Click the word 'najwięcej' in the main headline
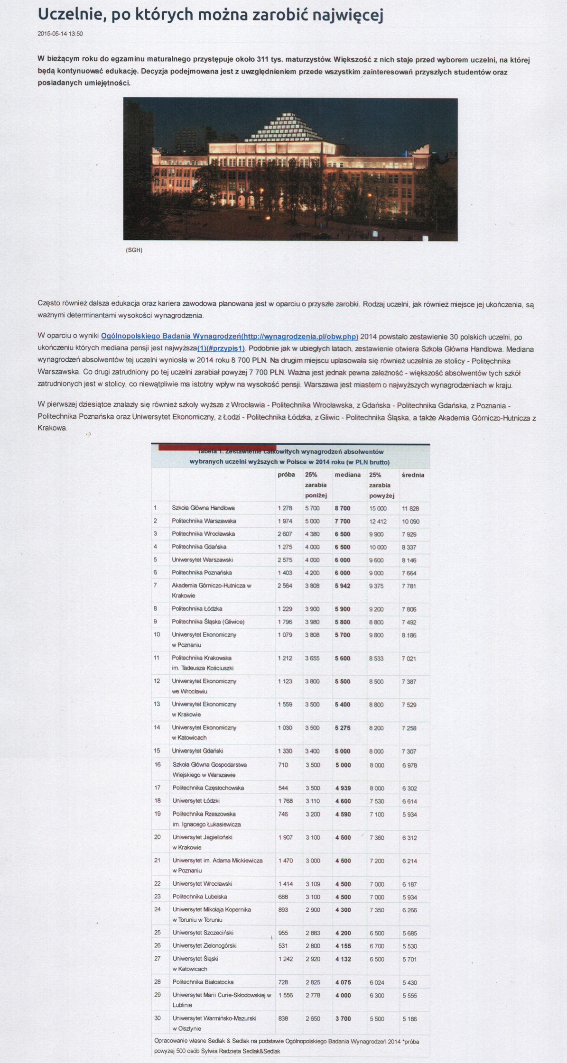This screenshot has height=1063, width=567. point(346,15)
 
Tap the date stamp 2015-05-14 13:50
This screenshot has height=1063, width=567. point(60,34)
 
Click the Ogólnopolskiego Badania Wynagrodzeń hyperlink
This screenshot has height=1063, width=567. point(229,337)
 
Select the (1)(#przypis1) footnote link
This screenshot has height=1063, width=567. point(221,348)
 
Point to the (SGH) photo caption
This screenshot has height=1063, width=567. point(134,250)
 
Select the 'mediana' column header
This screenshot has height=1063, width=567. point(347,475)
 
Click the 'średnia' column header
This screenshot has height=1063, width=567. point(413,475)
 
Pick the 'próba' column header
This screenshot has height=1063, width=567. point(286,475)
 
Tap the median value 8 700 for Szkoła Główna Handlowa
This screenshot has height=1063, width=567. point(343,508)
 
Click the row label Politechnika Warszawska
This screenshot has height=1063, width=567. point(204,521)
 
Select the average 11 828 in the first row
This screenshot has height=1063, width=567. point(410,509)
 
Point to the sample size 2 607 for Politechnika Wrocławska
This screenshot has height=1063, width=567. point(285,534)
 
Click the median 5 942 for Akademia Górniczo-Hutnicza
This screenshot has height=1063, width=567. point(343,586)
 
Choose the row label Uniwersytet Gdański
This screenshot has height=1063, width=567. point(197,751)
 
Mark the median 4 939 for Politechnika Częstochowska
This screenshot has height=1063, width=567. point(343,788)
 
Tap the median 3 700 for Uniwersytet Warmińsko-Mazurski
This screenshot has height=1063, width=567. point(343,1018)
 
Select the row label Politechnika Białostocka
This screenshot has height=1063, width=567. point(203,982)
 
